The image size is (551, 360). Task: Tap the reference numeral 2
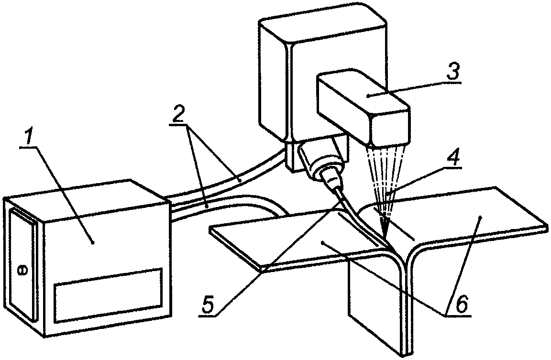point(179,112)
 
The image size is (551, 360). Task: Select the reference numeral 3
point(452,72)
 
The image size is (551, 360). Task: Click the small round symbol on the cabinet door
point(22,271)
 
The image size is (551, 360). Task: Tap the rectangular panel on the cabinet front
point(108,295)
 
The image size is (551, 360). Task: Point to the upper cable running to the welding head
point(229,178)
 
